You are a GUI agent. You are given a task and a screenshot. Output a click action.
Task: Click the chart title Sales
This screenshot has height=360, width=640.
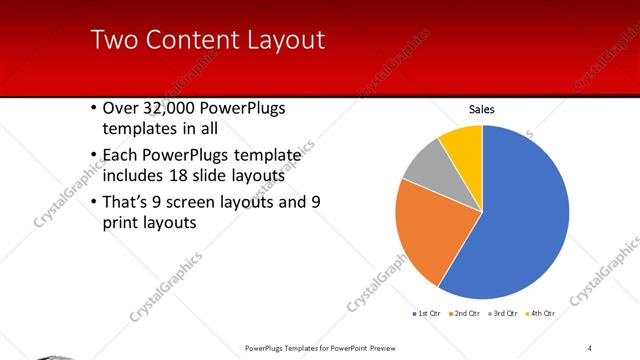482,110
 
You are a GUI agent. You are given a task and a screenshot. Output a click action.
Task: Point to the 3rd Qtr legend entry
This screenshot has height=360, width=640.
502,313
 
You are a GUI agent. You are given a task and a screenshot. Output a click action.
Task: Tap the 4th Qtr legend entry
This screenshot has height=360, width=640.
540,313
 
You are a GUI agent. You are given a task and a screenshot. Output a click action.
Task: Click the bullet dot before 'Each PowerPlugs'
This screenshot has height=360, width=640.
92,155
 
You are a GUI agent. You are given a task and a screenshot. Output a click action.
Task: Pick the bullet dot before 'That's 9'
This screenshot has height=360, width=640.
92,202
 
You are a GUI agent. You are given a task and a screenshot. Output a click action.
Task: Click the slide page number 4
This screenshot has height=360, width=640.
591,347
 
